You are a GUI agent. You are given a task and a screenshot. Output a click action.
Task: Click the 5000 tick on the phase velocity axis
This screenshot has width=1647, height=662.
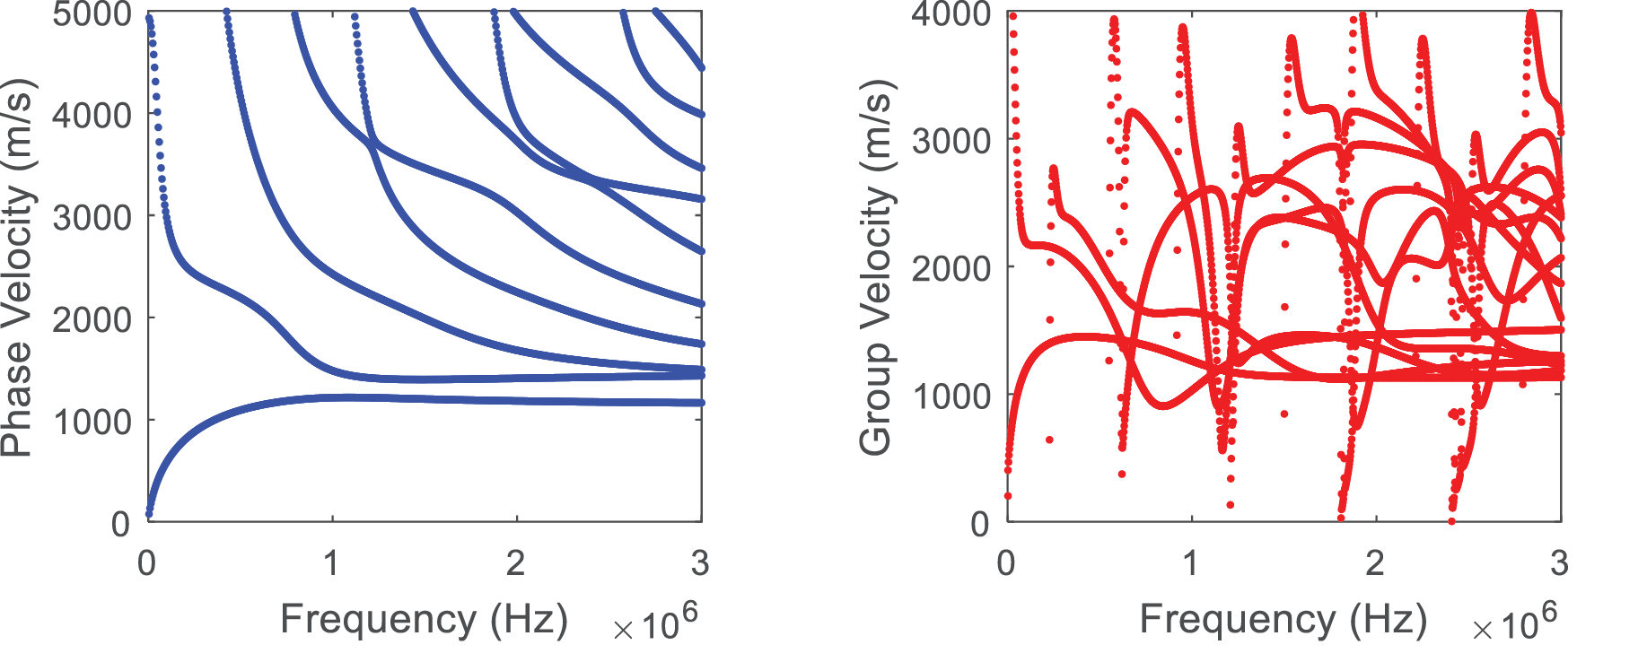90,15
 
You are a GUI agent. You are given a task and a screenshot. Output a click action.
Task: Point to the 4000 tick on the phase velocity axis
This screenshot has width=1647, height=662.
90,116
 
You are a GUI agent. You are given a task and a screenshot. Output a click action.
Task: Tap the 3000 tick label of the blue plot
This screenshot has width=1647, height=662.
90,217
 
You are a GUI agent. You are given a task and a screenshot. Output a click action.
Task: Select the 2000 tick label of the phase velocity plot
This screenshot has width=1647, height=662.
90,318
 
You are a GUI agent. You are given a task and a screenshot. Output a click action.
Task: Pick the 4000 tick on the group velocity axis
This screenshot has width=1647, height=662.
951,15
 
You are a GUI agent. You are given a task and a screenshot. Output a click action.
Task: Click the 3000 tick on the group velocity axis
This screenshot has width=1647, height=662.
951,141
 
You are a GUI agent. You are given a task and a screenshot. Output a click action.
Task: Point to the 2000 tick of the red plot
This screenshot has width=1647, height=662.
951,267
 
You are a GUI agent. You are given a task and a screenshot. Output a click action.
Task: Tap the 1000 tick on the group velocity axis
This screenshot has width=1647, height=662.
951,396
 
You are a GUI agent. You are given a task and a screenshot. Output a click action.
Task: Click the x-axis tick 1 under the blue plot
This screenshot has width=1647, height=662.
331,563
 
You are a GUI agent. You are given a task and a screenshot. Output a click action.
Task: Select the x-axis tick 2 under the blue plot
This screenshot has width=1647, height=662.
515,563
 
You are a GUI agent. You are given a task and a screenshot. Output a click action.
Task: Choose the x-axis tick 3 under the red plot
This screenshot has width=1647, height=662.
1560,563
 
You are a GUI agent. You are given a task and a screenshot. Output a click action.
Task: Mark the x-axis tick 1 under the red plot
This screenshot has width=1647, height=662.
1191,563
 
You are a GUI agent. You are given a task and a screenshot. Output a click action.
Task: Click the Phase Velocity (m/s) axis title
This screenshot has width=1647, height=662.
18,268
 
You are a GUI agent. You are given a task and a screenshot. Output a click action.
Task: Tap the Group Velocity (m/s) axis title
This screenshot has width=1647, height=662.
877,268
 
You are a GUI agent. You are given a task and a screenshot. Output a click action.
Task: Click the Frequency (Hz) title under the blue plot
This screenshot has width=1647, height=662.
424,620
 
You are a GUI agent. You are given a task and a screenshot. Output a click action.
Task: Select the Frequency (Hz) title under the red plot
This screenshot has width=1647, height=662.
1283,620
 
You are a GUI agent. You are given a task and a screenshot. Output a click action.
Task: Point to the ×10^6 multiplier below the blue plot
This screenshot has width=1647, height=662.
654,623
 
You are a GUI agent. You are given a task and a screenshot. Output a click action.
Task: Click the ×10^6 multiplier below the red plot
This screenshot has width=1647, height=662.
1514,623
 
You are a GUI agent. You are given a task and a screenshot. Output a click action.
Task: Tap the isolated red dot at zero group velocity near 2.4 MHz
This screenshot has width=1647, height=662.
1451,520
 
